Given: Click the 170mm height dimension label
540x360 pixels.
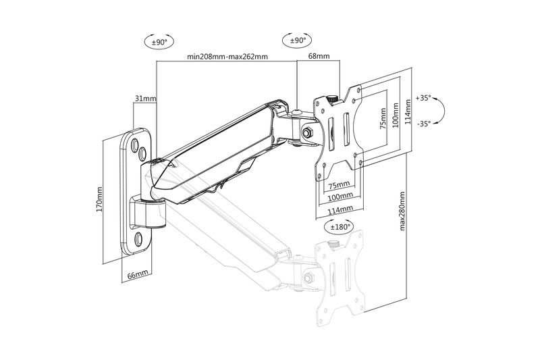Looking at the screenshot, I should [x=99, y=201].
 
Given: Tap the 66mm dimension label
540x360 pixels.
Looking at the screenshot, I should [x=137, y=276].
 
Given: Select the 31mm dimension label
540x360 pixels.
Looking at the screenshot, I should [x=145, y=99].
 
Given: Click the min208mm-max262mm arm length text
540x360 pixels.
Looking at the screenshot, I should [x=227, y=57].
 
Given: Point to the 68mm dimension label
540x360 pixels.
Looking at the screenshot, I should [x=318, y=57].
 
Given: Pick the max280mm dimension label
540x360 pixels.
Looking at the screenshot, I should [x=404, y=211].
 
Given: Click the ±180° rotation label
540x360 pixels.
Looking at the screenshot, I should [x=340, y=227].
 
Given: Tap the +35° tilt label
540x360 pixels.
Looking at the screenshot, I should [x=423, y=97].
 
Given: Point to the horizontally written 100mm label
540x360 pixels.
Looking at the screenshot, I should [x=340, y=197].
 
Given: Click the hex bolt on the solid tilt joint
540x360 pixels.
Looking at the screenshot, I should [x=308, y=132].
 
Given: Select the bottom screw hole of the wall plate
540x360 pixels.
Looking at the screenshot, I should [x=138, y=238].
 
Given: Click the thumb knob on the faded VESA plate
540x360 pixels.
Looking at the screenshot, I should [x=332, y=245].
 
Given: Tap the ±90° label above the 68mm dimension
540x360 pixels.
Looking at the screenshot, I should [x=298, y=41].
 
